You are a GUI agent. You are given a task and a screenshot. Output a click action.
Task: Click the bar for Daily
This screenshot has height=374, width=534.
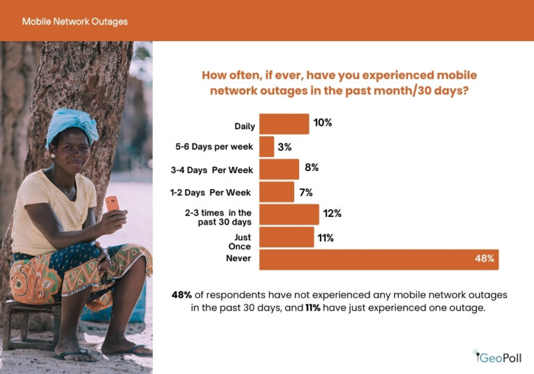284,124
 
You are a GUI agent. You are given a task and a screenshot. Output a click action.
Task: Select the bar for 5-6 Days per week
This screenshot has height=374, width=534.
266,147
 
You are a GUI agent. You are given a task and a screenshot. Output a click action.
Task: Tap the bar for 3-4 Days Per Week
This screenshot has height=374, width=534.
279,170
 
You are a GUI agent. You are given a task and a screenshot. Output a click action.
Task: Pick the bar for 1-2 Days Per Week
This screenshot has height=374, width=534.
277,192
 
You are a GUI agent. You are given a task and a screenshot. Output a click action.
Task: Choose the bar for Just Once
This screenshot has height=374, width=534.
286,237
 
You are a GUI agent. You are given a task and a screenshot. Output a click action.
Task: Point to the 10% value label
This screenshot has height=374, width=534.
323,122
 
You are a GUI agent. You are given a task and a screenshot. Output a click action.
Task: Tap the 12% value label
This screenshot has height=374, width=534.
332,213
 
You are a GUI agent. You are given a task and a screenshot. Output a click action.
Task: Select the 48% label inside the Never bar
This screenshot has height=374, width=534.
484,259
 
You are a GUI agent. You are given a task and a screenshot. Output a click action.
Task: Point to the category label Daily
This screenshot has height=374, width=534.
245,127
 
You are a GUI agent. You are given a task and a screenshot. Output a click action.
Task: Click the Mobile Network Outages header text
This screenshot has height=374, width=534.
74,22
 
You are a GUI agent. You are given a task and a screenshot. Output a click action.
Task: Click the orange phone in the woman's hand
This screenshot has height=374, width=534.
111,204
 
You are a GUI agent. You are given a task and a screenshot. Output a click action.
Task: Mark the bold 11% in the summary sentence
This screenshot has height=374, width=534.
313,307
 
